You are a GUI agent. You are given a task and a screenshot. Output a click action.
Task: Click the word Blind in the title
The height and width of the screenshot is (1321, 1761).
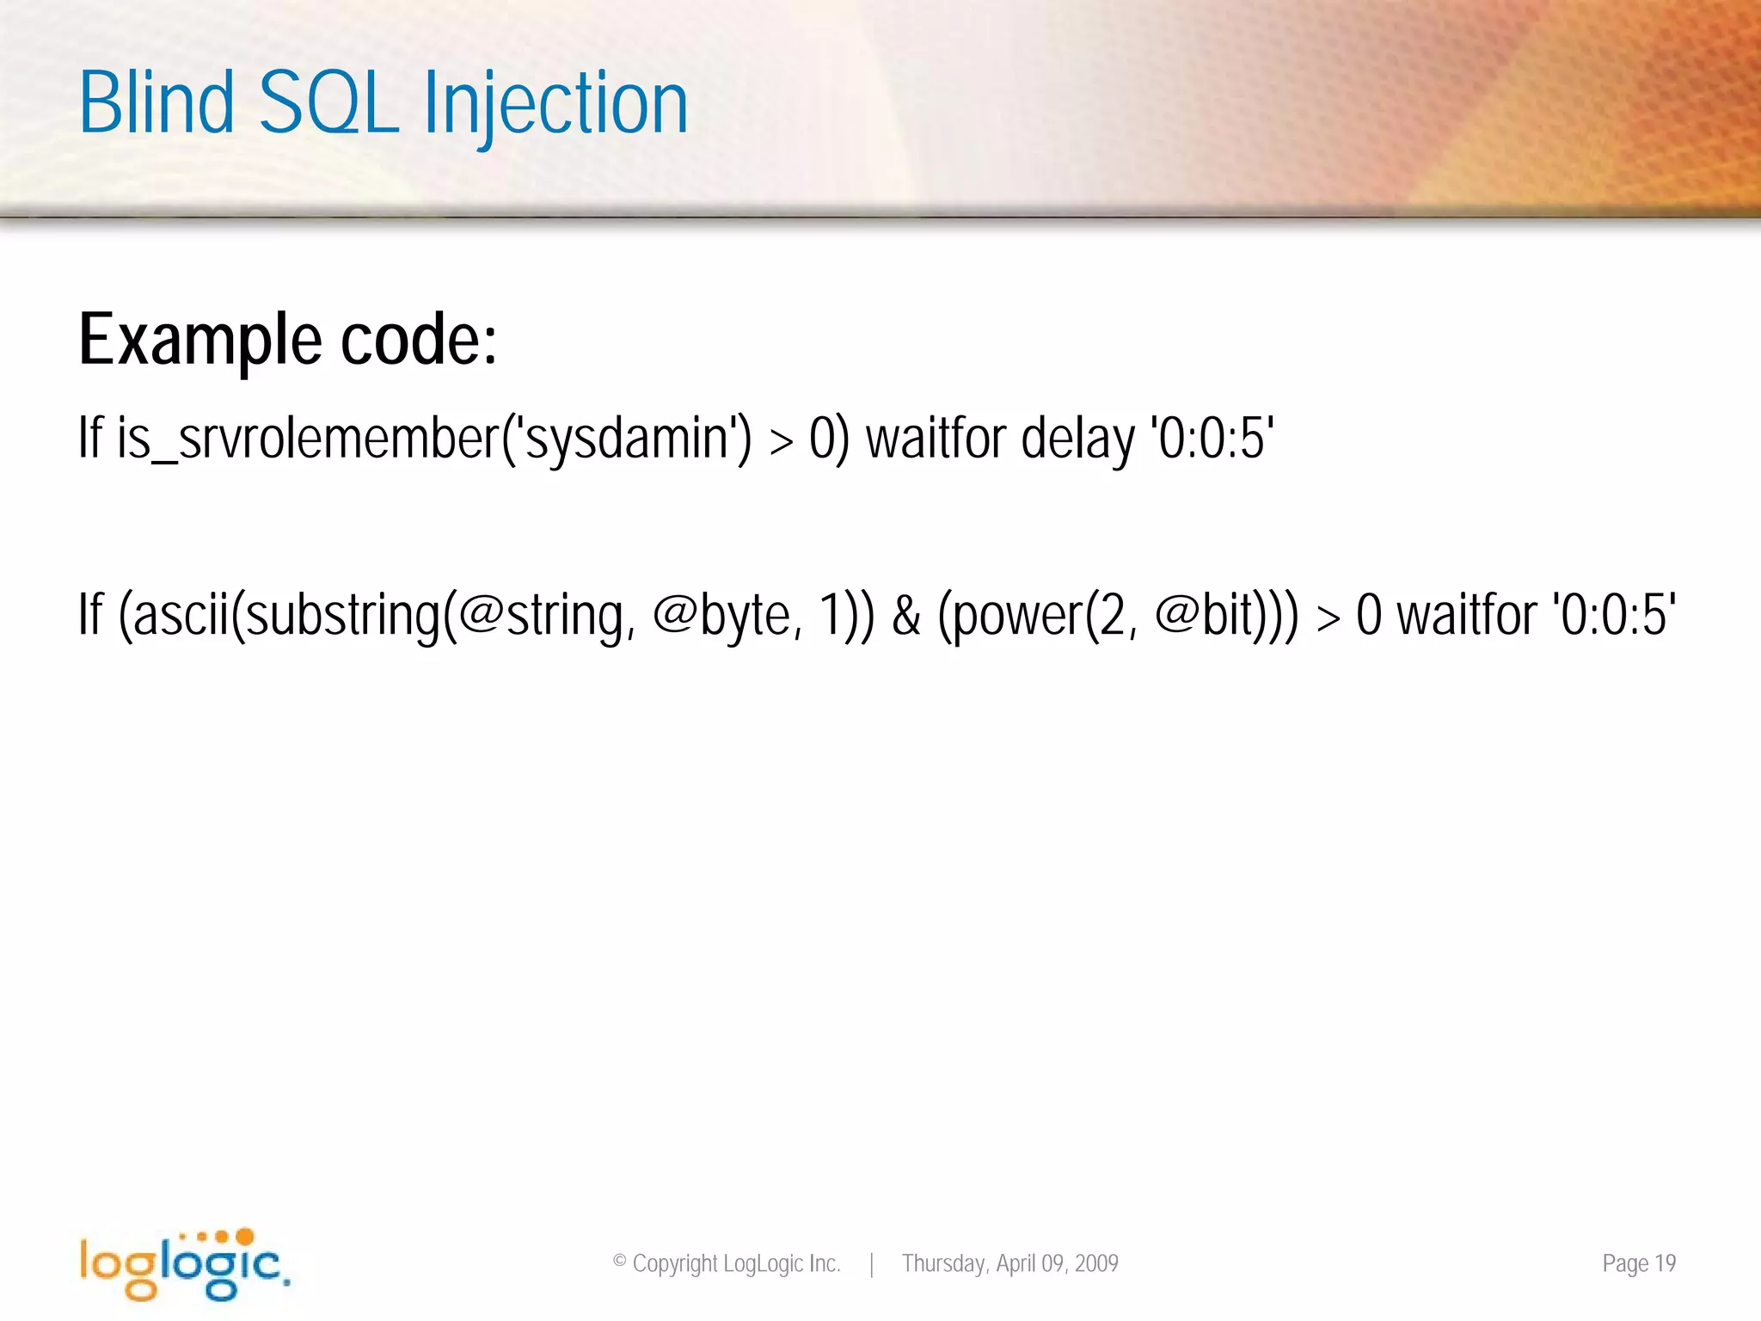[156, 103]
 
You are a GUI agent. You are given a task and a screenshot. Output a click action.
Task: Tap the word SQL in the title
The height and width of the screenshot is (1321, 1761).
[328, 105]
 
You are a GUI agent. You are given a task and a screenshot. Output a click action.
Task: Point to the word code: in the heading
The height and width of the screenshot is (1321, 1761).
[419, 341]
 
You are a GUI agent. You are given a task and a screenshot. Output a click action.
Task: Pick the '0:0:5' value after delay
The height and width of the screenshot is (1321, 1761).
[1212, 439]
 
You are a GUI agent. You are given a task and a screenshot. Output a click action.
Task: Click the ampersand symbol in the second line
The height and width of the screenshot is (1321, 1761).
[906, 616]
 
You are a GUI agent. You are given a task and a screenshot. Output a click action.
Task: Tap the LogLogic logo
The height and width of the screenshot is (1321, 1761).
[185, 1263]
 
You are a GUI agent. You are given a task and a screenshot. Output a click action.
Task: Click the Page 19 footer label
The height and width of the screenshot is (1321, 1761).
[1639, 1263]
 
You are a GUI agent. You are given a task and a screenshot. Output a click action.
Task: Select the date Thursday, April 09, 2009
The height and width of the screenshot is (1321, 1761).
[1009, 1263]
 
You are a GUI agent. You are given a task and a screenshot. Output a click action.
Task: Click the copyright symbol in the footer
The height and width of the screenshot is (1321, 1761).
[619, 1262]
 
